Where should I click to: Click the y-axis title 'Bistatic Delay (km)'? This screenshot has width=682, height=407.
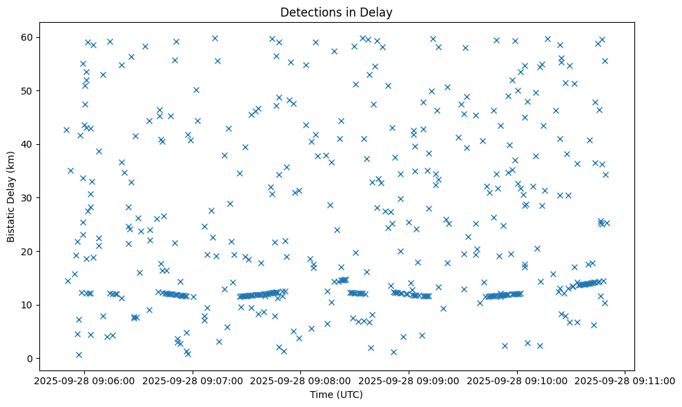[x=11, y=196]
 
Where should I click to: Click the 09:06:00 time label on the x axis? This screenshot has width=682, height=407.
[x=84, y=379]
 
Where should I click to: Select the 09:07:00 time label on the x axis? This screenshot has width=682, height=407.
[x=192, y=379]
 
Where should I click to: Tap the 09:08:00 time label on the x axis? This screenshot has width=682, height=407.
[x=300, y=379]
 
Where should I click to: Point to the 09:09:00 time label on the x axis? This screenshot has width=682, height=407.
[x=409, y=379]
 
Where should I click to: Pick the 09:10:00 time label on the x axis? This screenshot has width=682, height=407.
[x=517, y=379]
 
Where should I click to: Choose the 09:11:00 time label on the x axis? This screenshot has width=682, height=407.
[x=625, y=379]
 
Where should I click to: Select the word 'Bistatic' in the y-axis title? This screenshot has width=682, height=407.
[x=11, y=223]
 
